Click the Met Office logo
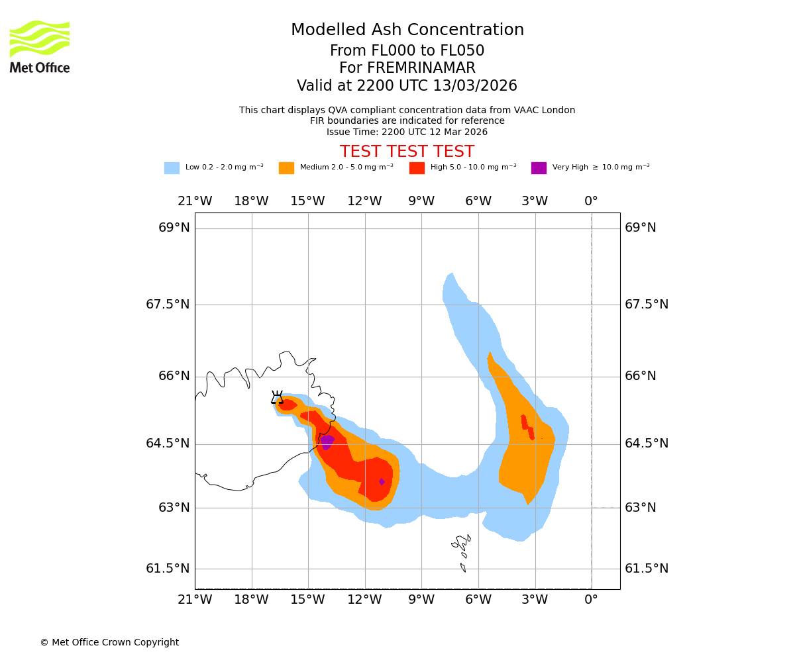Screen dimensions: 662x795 [x=40, y=46]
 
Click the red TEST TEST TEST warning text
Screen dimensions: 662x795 [x=407, y=152]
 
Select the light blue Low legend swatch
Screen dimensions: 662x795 [x=172, y=168]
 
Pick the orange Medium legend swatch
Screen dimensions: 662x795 [x=286, y=168]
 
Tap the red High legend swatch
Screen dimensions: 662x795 [x=417, y=168]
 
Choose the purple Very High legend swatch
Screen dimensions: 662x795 [x=539, y=168]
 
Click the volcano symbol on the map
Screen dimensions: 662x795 [x=277, y=397]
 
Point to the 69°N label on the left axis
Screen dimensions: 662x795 [x=174, y=228]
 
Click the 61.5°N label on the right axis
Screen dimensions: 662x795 [x=647, y=568]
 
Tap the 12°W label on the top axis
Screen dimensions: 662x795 [x=364, y=201]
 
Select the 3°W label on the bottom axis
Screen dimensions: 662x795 [x=535, y=600]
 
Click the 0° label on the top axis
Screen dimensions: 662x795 [x=591, y=201]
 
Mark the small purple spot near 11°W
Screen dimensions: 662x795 [x=382, y=482]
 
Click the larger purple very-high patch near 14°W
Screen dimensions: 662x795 [x=327, y=441]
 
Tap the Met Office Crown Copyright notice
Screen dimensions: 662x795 [x=109, y=642]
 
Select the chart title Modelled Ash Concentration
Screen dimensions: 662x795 [x=407, y=30]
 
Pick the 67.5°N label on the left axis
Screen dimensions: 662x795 [x=168, y=304]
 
